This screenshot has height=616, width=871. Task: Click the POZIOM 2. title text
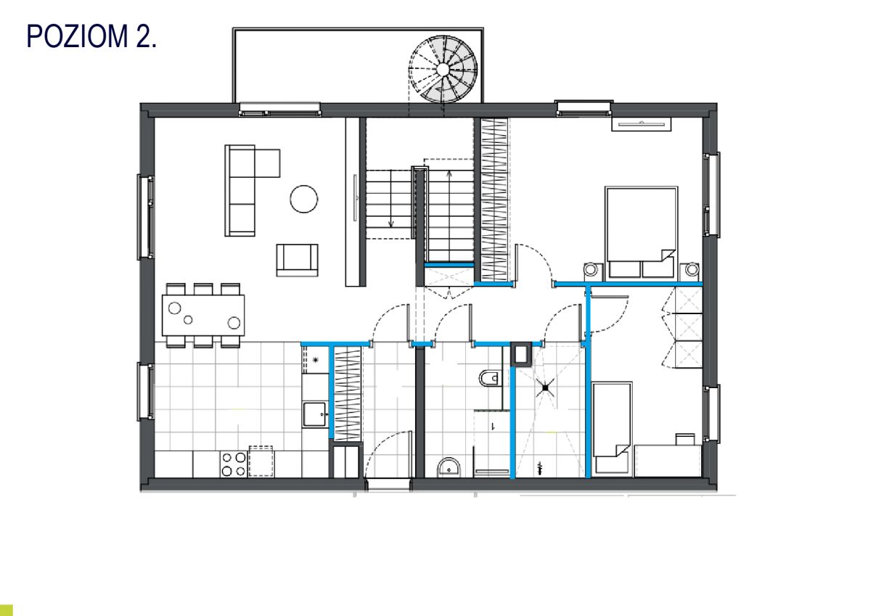point(91,36)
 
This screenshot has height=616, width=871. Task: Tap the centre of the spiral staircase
point(443,69)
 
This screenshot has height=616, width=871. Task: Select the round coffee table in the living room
point(303,199)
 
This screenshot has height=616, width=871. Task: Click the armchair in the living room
point(297,260)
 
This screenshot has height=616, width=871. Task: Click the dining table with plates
point(203,315)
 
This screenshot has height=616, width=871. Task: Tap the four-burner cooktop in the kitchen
point(233,464)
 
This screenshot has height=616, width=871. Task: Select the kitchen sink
point(314,414)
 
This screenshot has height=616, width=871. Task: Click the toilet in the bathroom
point(489,378)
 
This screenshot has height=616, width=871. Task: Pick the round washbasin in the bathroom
point(449,467)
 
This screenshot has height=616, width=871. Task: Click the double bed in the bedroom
point(641,232)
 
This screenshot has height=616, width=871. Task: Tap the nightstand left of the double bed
point(593,271)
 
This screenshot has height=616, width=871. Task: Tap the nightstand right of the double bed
point(690,270)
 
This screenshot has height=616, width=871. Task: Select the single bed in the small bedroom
point(612,428)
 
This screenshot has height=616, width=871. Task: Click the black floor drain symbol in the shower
point(545,388)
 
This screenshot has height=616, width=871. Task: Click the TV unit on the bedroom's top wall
point(641,124)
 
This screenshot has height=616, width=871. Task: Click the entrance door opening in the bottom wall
point(388,484)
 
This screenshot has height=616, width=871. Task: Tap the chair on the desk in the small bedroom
point(685,440)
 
